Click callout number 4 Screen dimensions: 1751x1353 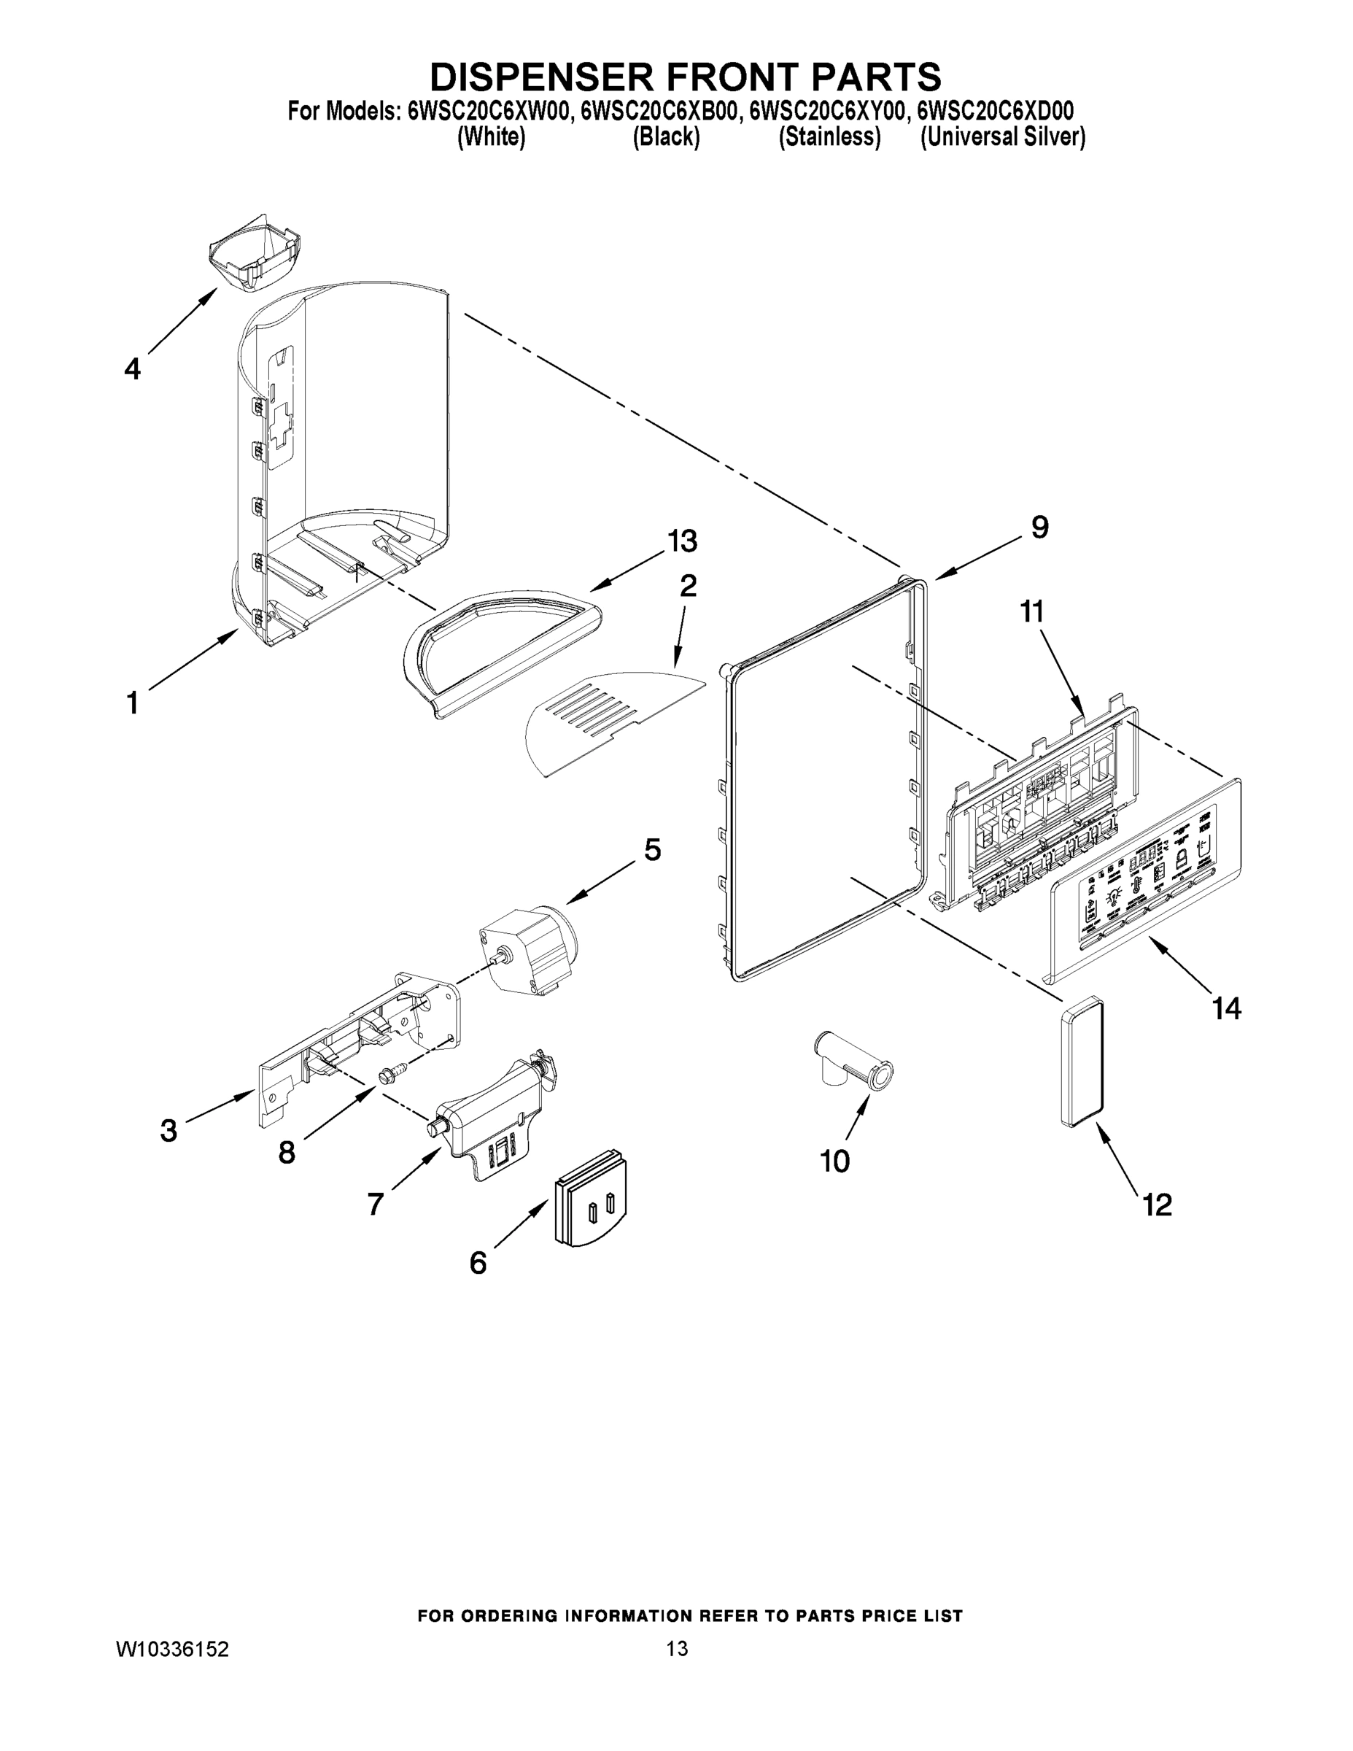click(132, 368)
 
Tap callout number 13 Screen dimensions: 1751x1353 click(682, 541)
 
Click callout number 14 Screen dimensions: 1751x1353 click(1227, 1008)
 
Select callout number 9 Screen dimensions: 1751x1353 click(1039, 527)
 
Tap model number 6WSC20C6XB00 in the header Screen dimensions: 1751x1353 click(659, 111)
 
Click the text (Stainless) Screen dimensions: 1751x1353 click(829, 137)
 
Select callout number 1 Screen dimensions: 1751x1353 click(132, 703)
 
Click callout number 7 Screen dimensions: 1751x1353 click(375, 1203)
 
